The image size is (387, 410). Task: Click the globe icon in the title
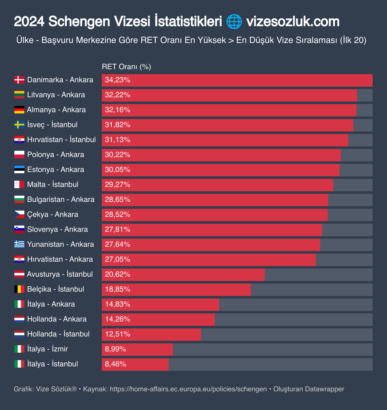point(234,22)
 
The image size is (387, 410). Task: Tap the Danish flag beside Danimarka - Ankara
point(19,80)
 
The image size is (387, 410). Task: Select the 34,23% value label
point(117,80)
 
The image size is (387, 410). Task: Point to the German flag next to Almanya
point(19,110)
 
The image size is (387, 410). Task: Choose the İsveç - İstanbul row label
point(52,125)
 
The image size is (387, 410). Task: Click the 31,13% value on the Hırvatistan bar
point(117,140)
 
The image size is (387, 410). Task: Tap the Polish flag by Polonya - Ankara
point(19,155)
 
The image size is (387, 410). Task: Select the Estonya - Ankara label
point(56,169)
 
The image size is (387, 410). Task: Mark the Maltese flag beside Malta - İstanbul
point(19,184)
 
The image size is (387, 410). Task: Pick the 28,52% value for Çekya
point(117,215)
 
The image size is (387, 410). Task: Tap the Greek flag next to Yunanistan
point(19,244)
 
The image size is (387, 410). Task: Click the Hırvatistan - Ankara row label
point(60,259)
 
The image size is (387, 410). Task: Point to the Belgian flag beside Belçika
point(19,289)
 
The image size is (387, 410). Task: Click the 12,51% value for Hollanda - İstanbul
point(117,334)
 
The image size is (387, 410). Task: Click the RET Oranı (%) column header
point(126,67)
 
